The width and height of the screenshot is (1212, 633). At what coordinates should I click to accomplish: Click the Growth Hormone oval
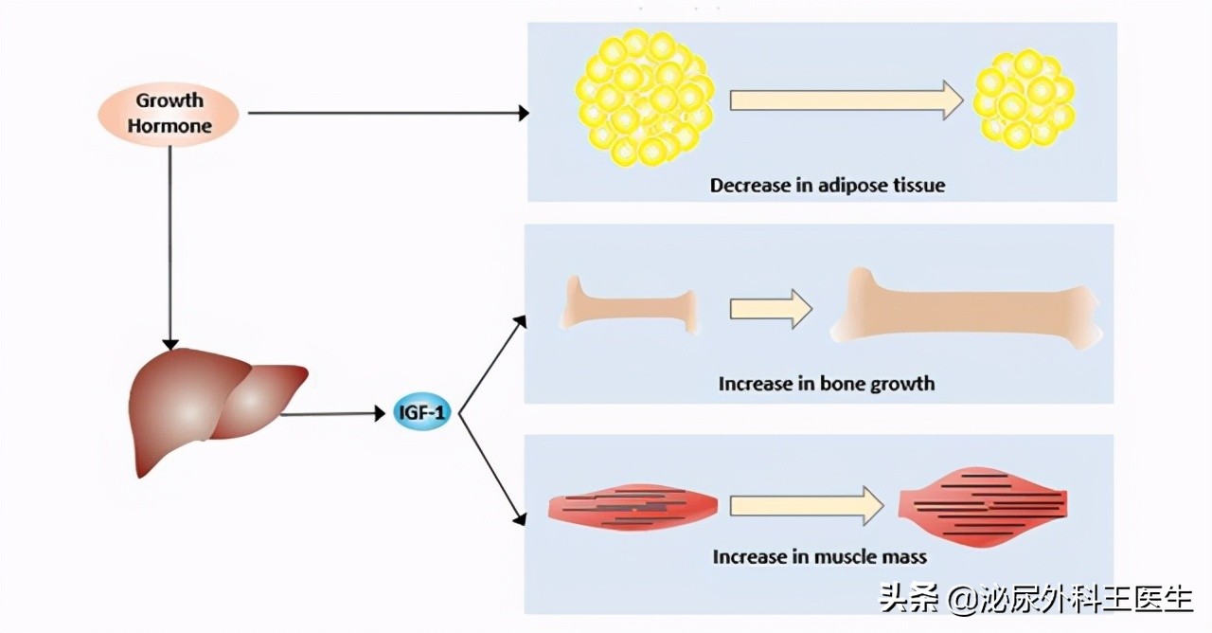click(x=169, y=113)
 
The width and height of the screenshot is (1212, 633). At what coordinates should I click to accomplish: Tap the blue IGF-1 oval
click(x=422, y=413)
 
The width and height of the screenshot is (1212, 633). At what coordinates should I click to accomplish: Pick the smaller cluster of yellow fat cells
click(x=1024, y=99)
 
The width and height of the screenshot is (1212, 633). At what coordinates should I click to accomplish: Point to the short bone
click(x=631, y=303)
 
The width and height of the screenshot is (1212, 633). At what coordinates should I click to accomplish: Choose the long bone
click(x=966, y=308)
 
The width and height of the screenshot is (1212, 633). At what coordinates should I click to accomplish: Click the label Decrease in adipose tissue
click(x=828, y=185)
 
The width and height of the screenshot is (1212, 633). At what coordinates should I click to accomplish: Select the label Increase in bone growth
click(x=826, y=384)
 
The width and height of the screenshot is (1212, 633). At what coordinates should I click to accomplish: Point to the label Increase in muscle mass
click(x=819, y=556)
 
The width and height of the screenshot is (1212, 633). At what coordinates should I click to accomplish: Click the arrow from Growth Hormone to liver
click(x=170, y=246)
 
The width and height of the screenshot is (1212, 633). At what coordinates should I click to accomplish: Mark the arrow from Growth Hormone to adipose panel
click(x=388, y=114)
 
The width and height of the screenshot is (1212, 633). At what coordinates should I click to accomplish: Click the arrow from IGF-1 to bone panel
click(x=490, y=366)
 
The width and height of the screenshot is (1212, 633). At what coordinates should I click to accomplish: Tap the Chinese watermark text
click(x=1036, y=599)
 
